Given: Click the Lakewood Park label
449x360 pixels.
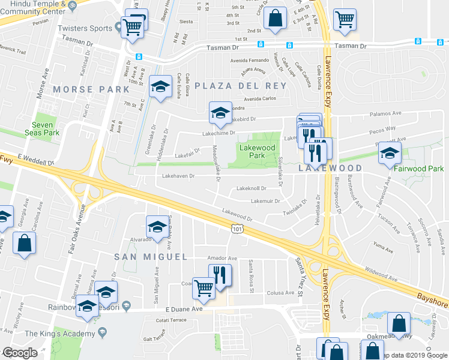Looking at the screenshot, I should tap(257, 151).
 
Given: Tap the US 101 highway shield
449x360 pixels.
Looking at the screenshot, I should tap(237, 227).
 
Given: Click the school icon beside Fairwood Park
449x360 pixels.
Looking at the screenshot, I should tap(390, 154).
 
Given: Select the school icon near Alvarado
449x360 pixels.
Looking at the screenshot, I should tap(157, 227).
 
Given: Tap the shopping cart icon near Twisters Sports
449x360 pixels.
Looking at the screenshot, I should tap(132, 27).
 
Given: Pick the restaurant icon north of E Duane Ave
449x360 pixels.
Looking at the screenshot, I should tap(220, 275).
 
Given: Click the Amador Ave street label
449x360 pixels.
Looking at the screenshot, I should tap(222, 258).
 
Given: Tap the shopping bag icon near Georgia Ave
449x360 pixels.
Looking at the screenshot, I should tap(24, 244).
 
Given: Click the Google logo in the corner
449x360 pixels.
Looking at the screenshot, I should tap(20, 353).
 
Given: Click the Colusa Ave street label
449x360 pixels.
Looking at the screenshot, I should tap(281, 293).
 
